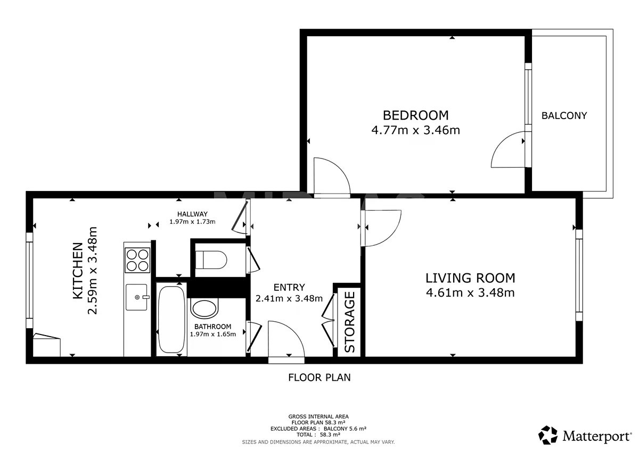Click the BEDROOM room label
415,115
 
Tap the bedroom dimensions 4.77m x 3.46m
415,130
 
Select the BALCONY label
564,115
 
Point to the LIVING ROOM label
470,278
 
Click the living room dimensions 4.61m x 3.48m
470,293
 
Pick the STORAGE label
349,322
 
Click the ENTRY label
289,287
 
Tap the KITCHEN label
78,271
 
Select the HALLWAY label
192,214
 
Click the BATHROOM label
212,327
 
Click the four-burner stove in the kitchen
137,260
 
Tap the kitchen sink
137,297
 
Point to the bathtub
171,320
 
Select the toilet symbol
211,260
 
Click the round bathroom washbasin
204,308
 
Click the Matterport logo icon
548,435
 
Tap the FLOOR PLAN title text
319,378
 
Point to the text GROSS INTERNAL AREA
318,416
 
